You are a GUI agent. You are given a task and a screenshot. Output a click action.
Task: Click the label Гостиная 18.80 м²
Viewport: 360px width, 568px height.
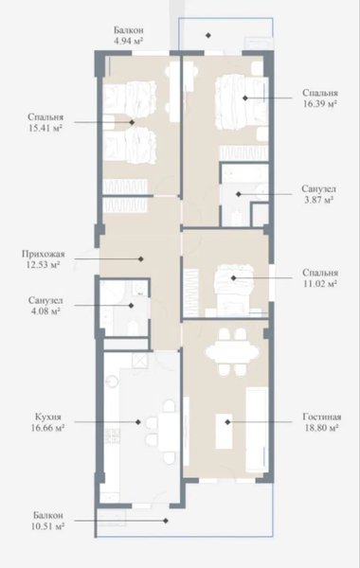[320, 422]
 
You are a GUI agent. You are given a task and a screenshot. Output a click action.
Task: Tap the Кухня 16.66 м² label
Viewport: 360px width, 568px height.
[48, 422]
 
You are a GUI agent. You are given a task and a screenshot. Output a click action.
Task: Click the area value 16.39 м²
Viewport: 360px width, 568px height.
[320, 103]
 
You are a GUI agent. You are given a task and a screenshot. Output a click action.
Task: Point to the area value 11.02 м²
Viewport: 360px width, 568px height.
[320, 283]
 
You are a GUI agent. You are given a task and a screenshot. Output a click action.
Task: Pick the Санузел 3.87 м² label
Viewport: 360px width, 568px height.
[318, 194]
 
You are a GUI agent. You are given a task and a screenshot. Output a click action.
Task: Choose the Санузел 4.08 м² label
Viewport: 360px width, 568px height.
[45, 306]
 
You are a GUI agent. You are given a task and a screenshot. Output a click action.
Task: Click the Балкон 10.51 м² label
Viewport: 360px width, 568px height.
[48, 521]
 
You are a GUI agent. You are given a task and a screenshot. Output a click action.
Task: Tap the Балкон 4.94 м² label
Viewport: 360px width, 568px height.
[129, 35]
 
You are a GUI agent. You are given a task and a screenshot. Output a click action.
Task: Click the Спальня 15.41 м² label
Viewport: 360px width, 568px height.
[45, 122]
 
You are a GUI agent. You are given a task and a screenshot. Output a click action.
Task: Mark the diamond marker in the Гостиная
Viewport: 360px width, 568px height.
[227, 422]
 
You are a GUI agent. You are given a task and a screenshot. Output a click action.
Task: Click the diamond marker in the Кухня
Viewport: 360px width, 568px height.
[138, 422]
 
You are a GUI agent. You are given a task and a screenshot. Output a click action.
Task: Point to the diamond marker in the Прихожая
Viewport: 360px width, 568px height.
[141, 259]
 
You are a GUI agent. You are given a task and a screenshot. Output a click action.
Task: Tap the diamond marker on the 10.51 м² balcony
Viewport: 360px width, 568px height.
[166, 521]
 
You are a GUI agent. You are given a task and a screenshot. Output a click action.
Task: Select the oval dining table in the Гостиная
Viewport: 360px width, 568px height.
[232, 351]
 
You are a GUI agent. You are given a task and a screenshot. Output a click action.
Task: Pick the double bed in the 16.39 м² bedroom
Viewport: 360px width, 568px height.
[242, 101]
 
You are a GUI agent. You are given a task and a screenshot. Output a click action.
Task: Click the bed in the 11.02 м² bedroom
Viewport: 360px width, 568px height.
[233, 287]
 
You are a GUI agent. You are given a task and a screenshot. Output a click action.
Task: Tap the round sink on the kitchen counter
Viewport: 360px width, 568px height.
[113, 381]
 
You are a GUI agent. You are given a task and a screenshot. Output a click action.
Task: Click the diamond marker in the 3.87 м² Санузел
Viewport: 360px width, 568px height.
[239, 194]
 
